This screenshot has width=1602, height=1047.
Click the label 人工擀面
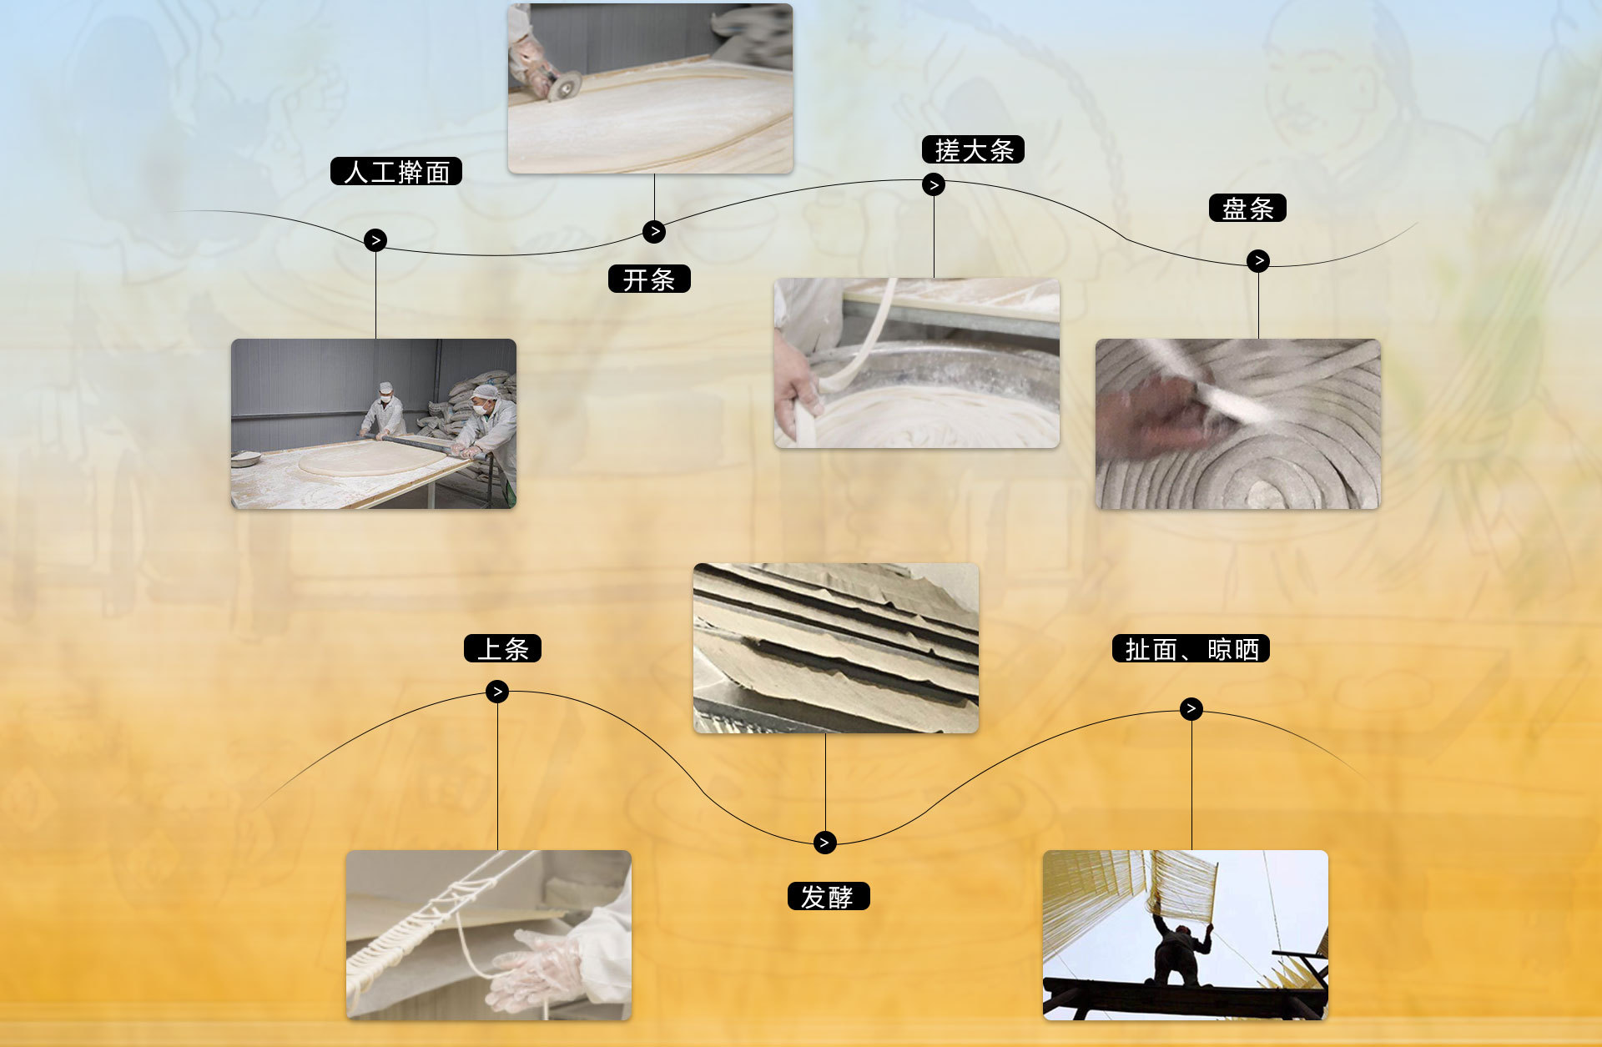[x=396, y=171]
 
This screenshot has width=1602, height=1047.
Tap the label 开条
[x=649, y=279]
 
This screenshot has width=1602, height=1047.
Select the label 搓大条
[x=973, y=149]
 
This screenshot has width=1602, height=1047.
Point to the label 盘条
[x=1247, y=208]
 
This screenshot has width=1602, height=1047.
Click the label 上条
[x=502, y=648]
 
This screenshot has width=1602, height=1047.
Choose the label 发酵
[x=829, y=896]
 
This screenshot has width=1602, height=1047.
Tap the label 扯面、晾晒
[x=1191, y=648]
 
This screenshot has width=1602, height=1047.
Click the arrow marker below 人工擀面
[x=375, y=240]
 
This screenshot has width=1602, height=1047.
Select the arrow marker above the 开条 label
[x=654, y=231]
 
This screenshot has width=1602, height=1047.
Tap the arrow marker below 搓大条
[x=934, y=184]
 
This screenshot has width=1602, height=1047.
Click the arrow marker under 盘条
[x=1258, y=260]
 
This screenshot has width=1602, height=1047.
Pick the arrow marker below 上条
[x=497, y=692]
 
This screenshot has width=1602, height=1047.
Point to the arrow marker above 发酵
[x=824, y=843]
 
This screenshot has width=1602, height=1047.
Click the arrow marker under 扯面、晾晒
[x=1191, y=709]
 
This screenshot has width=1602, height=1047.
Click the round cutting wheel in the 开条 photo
[x=565, y=85]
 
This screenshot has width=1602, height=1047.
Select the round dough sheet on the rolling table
[x=371, y=459]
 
